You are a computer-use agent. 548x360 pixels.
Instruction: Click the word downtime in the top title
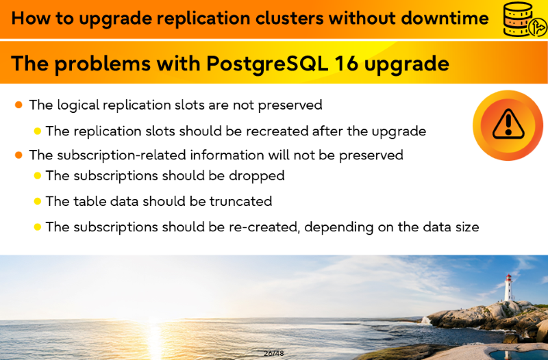point(444,18)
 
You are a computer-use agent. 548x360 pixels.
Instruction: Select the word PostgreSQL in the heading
point(267,64)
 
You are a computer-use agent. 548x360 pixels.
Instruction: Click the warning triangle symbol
point(508,125)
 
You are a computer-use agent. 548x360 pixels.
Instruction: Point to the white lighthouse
point(508,287)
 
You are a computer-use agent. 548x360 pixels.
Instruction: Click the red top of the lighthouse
point(508,278)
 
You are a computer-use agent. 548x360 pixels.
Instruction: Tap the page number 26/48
point(274,353)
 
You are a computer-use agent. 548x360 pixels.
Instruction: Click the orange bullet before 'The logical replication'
point(19,105)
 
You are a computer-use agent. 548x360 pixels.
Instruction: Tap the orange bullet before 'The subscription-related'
point(19,155)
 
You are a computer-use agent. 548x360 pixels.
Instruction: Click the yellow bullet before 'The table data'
point(38,201)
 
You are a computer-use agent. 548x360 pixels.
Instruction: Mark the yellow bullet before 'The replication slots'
point(38,131)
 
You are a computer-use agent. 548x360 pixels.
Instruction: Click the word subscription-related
point(121,155)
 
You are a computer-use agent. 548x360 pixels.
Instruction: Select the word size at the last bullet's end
point(467,227)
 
